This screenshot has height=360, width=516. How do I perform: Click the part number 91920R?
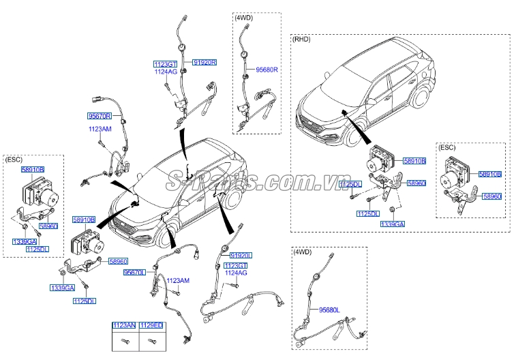click(204, 62)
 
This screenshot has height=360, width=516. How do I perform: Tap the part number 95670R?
click(100, 117)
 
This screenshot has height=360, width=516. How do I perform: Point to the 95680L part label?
click(331, 310)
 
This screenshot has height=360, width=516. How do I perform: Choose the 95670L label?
click(135, 272)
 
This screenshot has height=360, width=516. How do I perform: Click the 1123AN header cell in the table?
click(125, 327)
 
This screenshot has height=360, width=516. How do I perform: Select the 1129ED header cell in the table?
click(151, 327)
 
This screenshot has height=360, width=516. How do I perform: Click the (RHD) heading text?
click(302, 40)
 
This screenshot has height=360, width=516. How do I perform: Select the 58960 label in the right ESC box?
click(492, 196)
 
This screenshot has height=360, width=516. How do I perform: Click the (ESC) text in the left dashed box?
click(14, 159)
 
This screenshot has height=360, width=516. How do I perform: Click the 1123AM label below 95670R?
click(100, 128)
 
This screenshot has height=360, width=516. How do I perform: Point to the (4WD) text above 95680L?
click(302, 252)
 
